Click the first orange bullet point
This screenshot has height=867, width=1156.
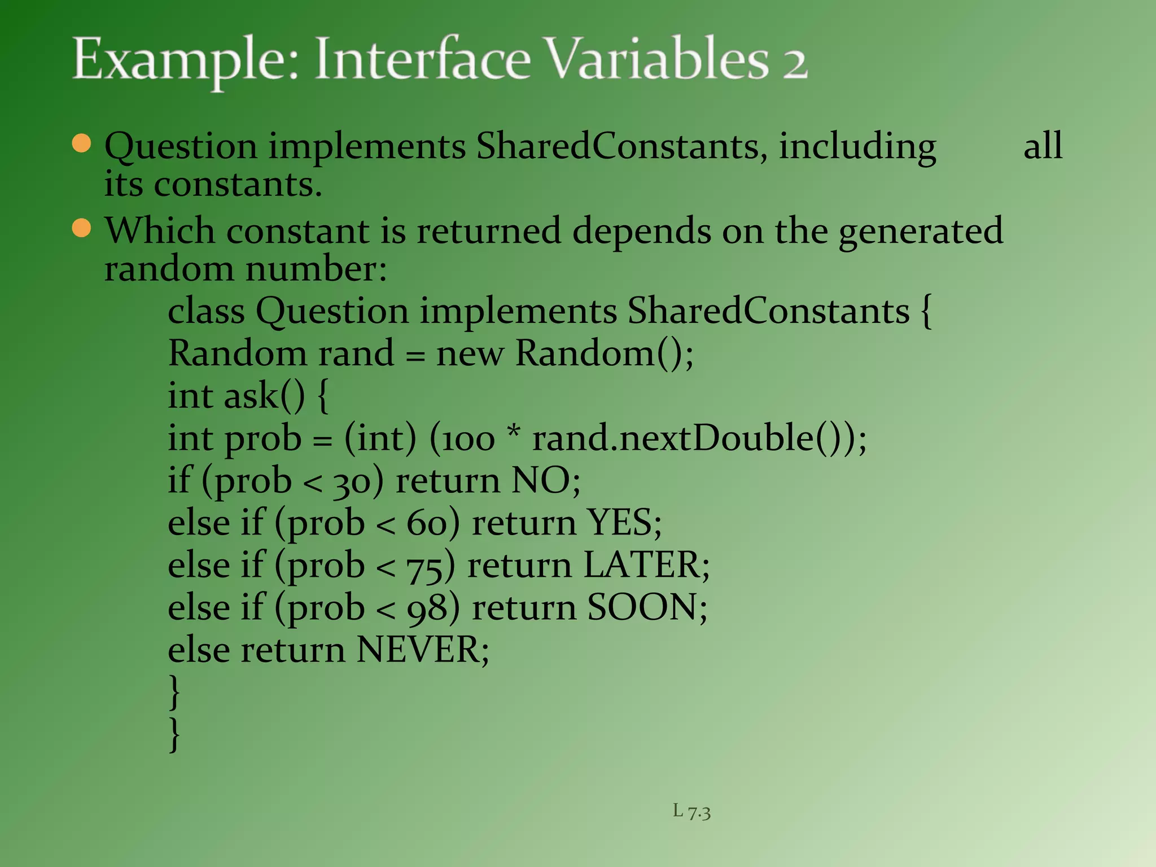click(82, 143)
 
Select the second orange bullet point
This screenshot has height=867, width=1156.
click(82, 228)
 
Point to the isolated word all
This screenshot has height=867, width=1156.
click(1043, 145)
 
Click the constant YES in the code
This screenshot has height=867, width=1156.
click(619, 522)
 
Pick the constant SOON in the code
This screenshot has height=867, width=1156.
click(642, 607)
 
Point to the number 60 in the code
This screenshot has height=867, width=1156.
click(427, 523)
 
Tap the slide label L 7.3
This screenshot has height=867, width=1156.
click(691, 811)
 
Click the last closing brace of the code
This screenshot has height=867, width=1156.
click(175, 734)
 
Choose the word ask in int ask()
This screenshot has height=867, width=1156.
click(251, 396)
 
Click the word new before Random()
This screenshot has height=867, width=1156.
click(470, 354)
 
